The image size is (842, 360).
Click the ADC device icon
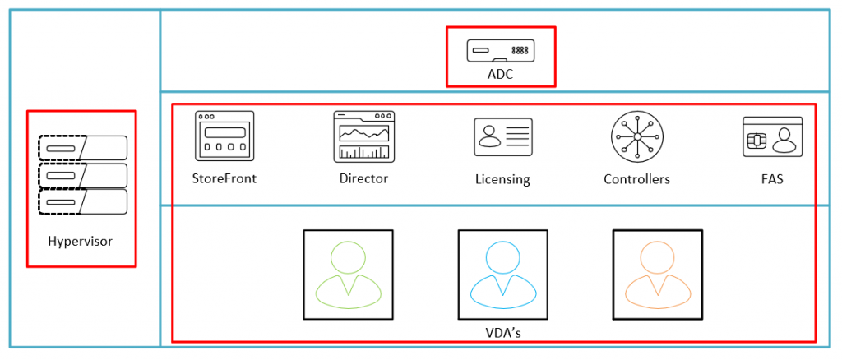(501, 51)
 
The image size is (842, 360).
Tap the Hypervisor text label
(80, 242)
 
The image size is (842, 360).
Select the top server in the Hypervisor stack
(82, 148)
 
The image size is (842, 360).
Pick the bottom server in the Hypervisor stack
(82, 201)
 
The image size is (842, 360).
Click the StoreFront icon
(224, 136)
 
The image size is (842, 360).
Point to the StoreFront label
(224, 178)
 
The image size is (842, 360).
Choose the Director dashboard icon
(363, 136)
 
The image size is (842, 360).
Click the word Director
(363, 178)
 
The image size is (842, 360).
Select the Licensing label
(502, 178)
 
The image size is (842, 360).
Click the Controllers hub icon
(636, 136)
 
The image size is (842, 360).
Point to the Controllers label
(636, 178)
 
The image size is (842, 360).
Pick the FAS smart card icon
(772, 136)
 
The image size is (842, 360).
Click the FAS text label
(772, 178)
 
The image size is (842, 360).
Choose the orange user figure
(658, 275)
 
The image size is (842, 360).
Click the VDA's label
(503, 332)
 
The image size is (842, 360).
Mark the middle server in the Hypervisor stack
(82, 175)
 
